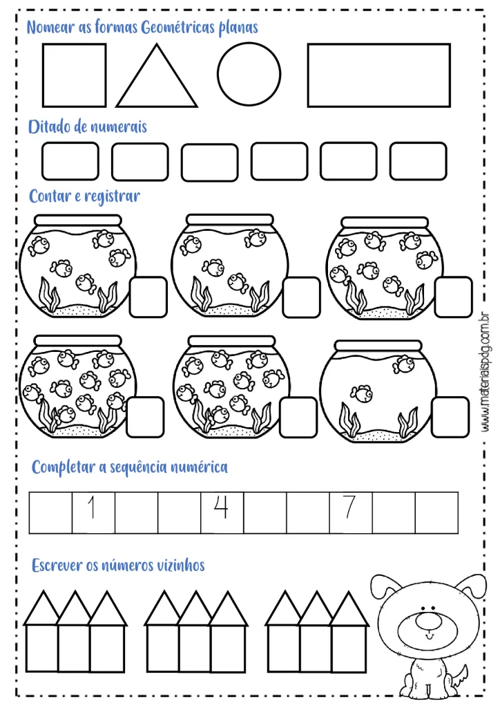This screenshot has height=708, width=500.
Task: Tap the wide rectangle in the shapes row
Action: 378,75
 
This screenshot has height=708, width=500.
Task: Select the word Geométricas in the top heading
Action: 174,28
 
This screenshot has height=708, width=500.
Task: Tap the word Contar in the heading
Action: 50,196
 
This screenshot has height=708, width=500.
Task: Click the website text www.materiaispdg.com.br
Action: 485,373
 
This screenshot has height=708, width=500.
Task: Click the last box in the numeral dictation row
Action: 418,162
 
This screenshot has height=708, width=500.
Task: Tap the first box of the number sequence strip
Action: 50,512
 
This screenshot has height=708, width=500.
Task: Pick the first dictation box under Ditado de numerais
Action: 70,162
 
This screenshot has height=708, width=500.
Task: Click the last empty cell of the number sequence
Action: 436,512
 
